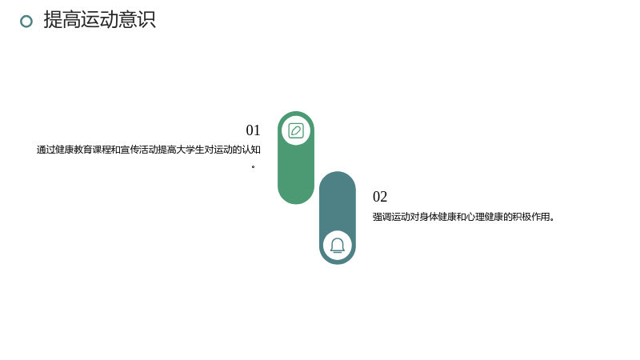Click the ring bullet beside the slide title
(26, 22)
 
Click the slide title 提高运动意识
(99, 19)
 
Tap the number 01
(253, 130)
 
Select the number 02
(380, 197)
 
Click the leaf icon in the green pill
(296, 131)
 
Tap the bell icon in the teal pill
(338, 246)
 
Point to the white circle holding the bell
(338, 246)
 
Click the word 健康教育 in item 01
(74, 150)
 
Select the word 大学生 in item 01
(190, 150)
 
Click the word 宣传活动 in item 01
(138, 150)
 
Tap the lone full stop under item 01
(253, 166)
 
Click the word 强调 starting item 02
(382, 217)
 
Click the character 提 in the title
(53, 19)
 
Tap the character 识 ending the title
(146, 19)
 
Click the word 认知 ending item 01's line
(251, 150)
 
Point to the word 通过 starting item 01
(46, 150)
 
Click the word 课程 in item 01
(102, 150)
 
